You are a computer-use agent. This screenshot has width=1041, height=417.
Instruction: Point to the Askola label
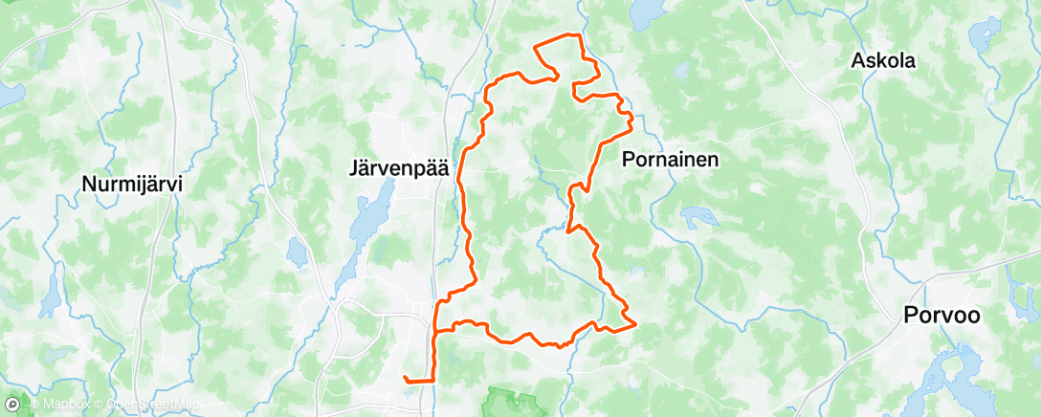(883, 61)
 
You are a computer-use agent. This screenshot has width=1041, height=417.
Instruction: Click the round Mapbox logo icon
(12, 406)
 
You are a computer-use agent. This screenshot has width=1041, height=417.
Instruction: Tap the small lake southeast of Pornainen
(698, 217)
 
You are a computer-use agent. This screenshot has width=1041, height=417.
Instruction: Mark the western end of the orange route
(405, 379)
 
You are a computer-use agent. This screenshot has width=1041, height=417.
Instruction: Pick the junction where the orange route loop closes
(436, 331)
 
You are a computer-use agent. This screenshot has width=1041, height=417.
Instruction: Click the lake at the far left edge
(10, 94)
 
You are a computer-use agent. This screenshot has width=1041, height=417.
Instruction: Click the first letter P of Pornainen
(629, 159)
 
